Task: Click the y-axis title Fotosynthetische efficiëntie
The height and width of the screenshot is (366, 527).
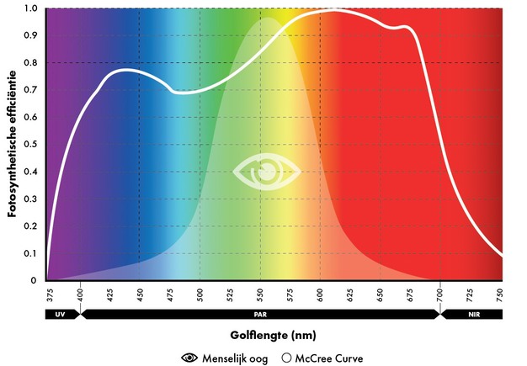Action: pos(13,144)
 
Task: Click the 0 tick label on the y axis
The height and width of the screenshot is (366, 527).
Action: pos(34,280)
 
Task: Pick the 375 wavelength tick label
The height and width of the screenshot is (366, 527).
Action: pos(51,295)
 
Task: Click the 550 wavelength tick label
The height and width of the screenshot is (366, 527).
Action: pos(261,295)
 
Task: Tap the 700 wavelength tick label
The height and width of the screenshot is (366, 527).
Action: pos(440,295)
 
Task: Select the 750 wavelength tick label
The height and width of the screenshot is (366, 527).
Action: pos(501,295)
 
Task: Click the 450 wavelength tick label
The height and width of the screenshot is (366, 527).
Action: pos(141,295)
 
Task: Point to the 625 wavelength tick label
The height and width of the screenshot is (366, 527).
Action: pos(351,295)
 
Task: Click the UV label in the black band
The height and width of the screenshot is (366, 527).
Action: pos(60,314)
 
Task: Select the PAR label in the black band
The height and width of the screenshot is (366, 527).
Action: pos(260,314)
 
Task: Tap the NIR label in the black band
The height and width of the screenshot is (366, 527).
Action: pos(472,314)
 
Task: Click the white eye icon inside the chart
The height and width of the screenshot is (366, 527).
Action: pos(266,171)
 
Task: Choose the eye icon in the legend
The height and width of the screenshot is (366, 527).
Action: pos(190,358)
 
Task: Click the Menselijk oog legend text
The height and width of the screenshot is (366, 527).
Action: pos(237,358)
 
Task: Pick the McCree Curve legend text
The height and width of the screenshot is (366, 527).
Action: pos(329,358)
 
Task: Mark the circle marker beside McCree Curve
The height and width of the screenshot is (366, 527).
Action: pos(287,358)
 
